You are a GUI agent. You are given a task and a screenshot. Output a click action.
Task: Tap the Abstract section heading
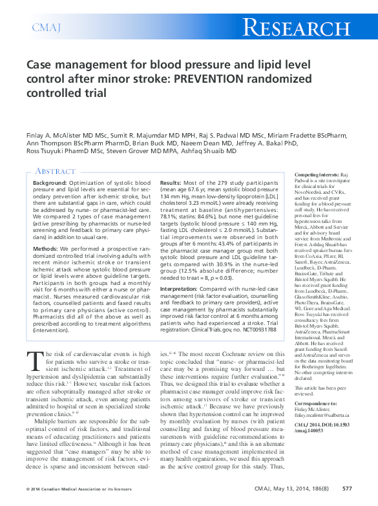[x=56, y=171]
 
